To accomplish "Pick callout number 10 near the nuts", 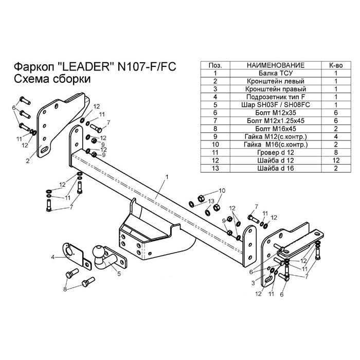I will coord(222,191).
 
